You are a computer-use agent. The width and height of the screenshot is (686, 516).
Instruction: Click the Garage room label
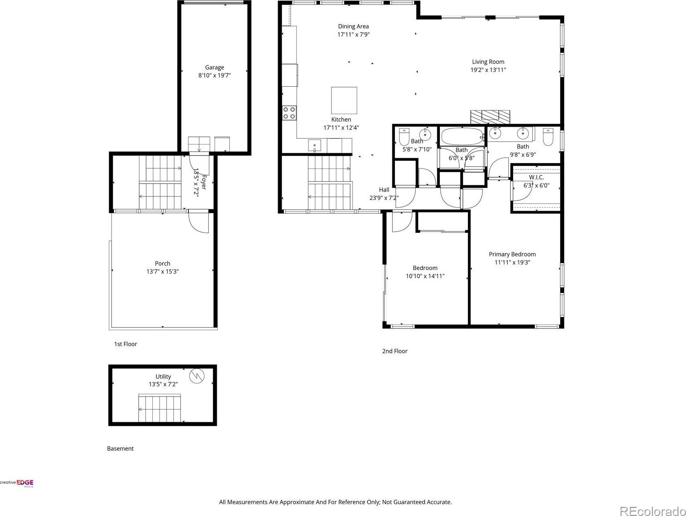(215, 67)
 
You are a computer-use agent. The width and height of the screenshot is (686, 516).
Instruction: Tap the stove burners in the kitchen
(289, 113)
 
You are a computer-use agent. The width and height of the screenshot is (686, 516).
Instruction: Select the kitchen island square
(344, 100)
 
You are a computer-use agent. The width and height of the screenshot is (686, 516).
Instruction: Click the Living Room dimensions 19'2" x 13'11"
(488, 70)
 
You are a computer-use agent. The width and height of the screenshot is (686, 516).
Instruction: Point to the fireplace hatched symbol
(491, 117)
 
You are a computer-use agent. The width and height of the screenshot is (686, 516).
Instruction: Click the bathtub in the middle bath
(463, 136)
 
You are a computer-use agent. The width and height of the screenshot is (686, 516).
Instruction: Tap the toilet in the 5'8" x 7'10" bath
(404, 136)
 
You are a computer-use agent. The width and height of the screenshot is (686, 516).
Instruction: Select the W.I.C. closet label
(536, 177)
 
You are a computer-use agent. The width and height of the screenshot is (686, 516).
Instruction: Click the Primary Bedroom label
(512, 254)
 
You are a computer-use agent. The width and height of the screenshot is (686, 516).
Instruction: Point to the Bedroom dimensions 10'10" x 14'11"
(425, 276)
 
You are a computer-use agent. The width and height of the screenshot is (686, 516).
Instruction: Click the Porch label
(163, 264)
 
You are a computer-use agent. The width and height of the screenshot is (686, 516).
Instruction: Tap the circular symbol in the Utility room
(196, 376)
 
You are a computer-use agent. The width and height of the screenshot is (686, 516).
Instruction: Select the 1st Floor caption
(125, 344)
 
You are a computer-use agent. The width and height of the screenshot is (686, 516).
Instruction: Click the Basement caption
(120, 448)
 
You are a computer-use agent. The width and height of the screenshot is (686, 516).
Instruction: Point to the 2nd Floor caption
(395, 351)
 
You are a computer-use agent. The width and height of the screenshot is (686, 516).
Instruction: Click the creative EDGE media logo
(17, 483)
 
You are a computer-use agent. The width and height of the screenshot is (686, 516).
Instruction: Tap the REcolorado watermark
(652, 510)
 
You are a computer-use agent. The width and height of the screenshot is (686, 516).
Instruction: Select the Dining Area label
(354, 26)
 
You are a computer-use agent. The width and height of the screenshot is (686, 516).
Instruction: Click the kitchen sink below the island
(315, 145)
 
